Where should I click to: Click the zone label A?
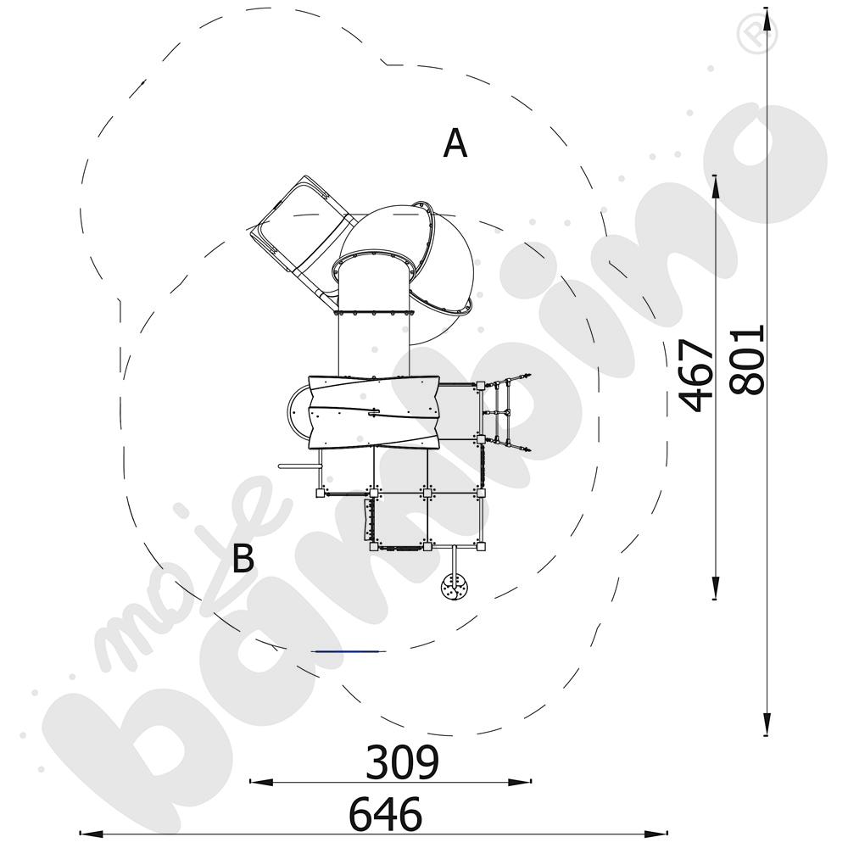(x=455, y=143)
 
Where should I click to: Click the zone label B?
(x=243, y=558)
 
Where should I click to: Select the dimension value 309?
(x=402, y=762)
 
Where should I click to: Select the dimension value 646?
(x=385, y=814)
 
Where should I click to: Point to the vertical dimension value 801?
(x=746, y=360)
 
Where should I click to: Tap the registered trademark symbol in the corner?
(x=756, y=34)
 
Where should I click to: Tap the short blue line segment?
(x=349, y=651)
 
